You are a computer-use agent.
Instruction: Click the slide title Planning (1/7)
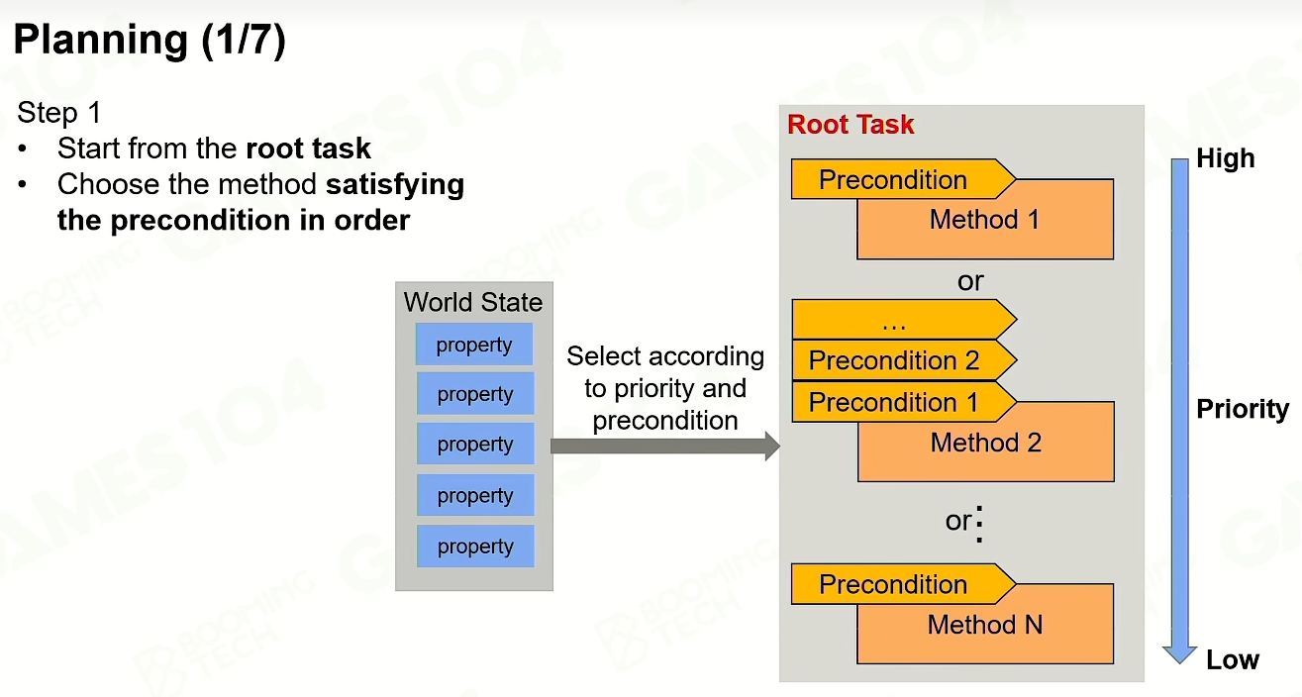tap(150, 41)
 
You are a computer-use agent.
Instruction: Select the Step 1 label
tap(58, 112)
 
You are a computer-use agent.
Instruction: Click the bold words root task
tap(308, 149)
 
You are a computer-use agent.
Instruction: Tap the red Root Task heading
tap(851, 125)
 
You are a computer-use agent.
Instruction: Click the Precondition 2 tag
tap(904, 360)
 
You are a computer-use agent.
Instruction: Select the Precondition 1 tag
tap(904, 402)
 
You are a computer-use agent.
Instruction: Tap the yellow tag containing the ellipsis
tap(904, 320)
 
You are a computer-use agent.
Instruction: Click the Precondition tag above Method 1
tap(903, 179)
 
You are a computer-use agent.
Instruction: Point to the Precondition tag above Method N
tap(903, 584)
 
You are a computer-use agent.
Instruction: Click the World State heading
tap(473, 302)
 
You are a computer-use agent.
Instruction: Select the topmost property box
tap(474, 345)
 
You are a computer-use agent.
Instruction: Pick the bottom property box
tap(475, 546)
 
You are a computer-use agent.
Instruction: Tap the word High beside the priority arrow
tap(1226, 158)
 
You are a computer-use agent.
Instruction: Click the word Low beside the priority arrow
tap(1233, 659)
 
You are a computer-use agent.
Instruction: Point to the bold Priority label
tap(1243, 409)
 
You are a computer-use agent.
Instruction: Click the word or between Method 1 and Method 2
tap(970, 281)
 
